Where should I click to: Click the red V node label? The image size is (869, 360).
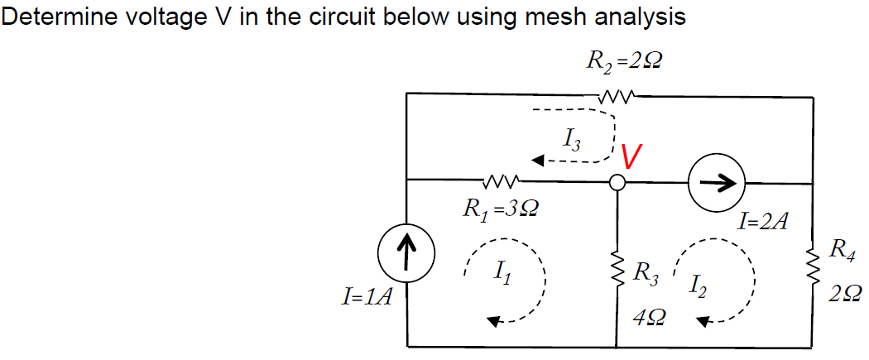coord(632,156)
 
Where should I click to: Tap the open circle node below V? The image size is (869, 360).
coord(617,182)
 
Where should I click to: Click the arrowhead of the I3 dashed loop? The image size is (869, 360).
coord(539,161)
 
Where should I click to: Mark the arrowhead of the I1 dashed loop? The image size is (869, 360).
coord(494,323)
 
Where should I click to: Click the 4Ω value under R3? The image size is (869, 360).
coord(648,317)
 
